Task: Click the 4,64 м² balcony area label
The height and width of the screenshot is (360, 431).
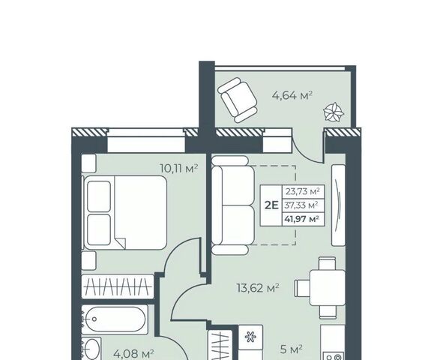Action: point(292,95)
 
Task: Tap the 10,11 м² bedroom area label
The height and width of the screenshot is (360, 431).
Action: point(179,168)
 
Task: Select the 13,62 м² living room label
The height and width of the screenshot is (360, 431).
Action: point(258,288)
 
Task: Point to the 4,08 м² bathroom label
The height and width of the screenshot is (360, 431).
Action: point(133,354)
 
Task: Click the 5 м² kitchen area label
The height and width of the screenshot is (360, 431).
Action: point(292,349)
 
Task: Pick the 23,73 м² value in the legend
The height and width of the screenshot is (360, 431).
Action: point(302,191)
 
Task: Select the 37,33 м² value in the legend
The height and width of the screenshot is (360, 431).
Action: point(301,205)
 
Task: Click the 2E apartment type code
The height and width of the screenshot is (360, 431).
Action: point(271,205)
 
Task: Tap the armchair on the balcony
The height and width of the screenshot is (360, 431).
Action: point(238,100)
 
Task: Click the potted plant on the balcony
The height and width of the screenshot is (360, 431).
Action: point(334,112)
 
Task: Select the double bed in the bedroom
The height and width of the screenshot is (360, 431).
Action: point(125,212)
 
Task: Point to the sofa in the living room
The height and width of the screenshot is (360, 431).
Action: point(233,205)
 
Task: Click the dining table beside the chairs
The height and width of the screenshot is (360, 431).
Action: point(328,288)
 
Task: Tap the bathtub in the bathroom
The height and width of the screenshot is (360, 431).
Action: point(115,319)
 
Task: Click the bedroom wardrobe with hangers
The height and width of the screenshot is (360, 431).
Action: point(118,286)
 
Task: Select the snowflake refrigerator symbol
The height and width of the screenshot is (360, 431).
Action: point(250,337)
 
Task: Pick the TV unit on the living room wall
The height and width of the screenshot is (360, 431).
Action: point(338,205)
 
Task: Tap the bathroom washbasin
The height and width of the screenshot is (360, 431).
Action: point(91,349)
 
